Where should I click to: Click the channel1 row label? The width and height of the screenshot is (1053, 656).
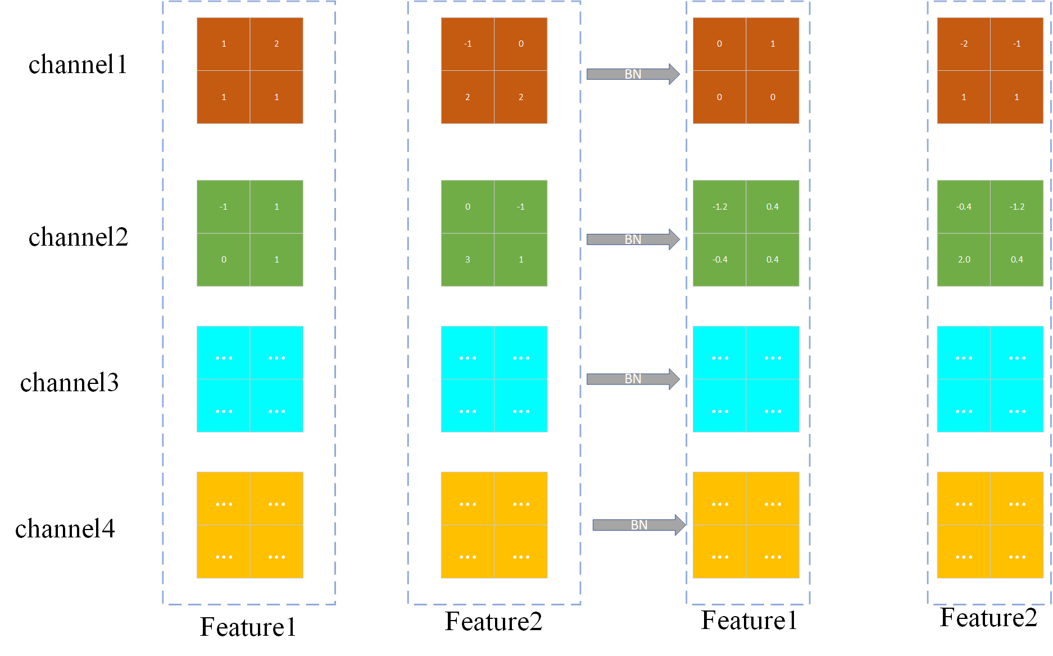click(78, 65)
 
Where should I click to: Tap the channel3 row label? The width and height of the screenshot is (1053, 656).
click(70, 383)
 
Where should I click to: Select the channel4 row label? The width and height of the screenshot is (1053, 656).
click(65, 529)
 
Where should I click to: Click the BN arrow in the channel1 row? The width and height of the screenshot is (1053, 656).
click(633, 74)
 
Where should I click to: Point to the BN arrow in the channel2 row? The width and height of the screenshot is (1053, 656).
click(633, 239)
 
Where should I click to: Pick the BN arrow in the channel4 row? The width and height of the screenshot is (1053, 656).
click(639, 525)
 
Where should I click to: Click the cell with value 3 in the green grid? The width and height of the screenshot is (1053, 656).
click(468, 260)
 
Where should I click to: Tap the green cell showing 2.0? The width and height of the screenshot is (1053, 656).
click(964, 260)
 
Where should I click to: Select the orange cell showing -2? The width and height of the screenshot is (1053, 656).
click(964, 44)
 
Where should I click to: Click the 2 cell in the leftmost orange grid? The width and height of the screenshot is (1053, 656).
click(276, 44)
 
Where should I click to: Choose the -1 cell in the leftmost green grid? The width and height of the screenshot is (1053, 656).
click(224, 207)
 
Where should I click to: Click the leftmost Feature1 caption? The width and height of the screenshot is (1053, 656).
click(248, 627)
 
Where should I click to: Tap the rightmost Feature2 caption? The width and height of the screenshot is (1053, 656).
click(988, 618)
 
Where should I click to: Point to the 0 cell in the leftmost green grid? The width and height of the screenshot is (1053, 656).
click(224, 260)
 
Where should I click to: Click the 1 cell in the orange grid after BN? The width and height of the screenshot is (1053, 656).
click(773, 44)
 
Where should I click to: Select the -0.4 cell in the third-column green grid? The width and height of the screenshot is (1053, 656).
click(720, 260)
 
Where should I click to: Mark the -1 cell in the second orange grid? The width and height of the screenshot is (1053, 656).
click(468, 44)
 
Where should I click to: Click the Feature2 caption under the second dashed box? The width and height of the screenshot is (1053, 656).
click(493, 622)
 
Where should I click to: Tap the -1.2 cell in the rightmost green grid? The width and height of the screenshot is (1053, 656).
click(1016, 207)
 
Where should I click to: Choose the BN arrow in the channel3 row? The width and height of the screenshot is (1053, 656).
click(633, 379)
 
